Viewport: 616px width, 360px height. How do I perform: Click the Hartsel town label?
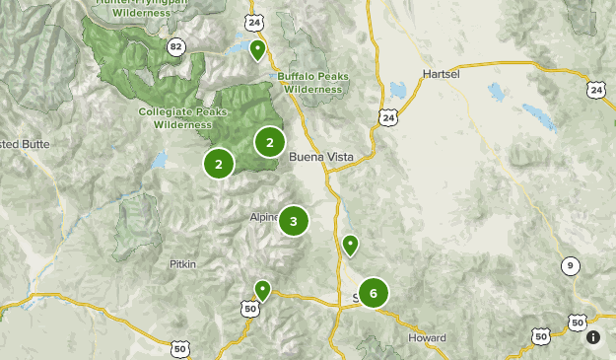pyautogui.click(x=442, y=74)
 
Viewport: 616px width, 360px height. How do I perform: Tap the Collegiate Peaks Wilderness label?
pyautogui.click(x=175, y=118)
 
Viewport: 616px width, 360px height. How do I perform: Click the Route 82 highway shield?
pyautogui.click(x=176, y=46)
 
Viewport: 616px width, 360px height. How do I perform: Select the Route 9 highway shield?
pyautogui.click(x=571, y=265)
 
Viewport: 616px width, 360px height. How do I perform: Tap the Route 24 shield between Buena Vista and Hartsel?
pyautogui.click(x=388, y=117)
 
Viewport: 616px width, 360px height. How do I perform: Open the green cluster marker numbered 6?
pyautogui.click(x=374, y=293)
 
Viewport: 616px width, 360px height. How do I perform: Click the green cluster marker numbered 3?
pyautogui.click(x=294, y=221)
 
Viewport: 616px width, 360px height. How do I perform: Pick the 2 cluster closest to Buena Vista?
pyautogui.click(x=270, y=142)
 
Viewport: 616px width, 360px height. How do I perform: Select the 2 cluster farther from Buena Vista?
pyautogui.click(x=219, y=164)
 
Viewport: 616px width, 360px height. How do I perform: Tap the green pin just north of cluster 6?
pyautogui.click(x=350, y=245)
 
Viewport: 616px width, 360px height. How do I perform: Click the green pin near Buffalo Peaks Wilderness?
pyautogui.click(x=257, y=49)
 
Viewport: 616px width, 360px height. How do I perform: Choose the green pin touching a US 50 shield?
pyautogui.click(x=262, y=289)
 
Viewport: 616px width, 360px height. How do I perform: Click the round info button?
pyautogui.click(x=593, y=337)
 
